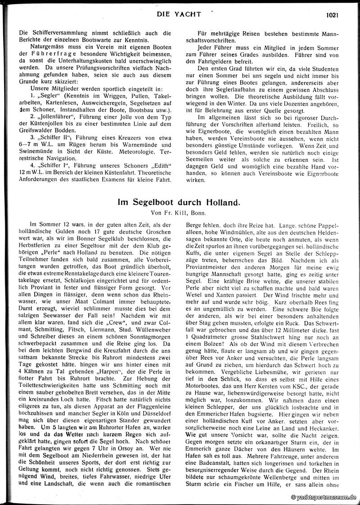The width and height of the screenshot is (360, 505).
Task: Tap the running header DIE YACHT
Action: pos(179,14)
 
